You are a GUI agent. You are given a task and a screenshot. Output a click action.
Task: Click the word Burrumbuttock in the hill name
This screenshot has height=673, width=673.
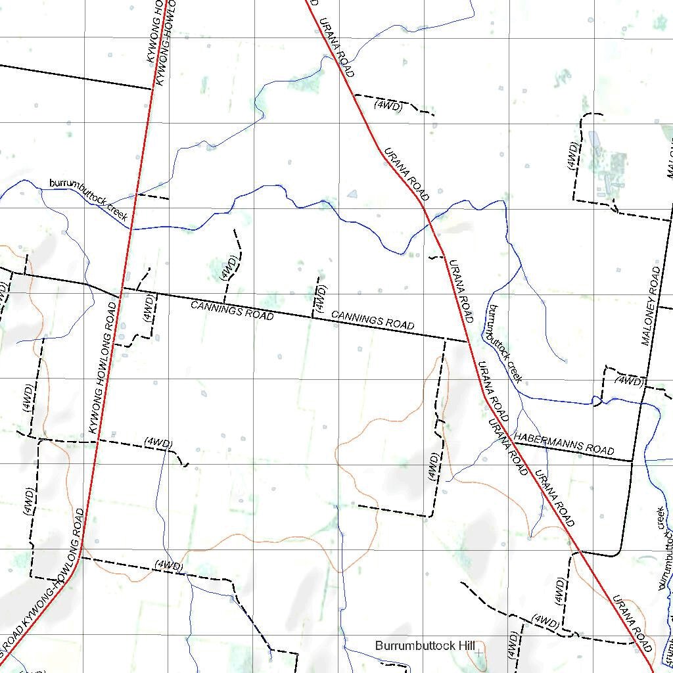click(408, 646)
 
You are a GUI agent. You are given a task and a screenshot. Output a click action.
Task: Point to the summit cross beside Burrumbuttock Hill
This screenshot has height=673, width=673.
click(479, 653)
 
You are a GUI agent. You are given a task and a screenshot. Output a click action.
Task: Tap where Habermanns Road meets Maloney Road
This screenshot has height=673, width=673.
click(633, 461)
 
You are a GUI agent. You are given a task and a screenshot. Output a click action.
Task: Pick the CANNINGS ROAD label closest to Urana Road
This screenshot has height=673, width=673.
click(373, 321)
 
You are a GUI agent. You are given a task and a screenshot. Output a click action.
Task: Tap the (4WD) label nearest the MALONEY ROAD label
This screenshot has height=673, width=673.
click(628, 381)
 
